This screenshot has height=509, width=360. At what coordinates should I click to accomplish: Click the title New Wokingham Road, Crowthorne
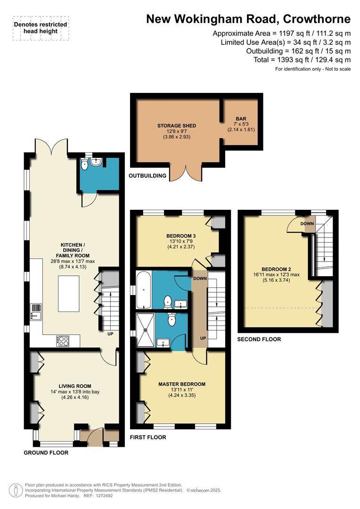pos(248,19)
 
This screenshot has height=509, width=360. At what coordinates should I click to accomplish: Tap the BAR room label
pos(241,119)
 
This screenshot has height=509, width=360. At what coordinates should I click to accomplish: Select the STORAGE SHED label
pos(176,126)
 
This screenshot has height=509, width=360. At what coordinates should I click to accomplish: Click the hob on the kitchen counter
pos(63,340)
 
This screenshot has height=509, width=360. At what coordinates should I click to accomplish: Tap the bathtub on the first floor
pos(142,288)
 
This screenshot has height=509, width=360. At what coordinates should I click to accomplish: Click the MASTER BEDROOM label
pos(182,384)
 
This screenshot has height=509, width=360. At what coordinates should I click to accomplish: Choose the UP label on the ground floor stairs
pos(109,334)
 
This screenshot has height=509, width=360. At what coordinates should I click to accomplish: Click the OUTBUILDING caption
pos(148,176)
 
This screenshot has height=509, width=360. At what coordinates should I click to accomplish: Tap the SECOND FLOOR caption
pos(259,339)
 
